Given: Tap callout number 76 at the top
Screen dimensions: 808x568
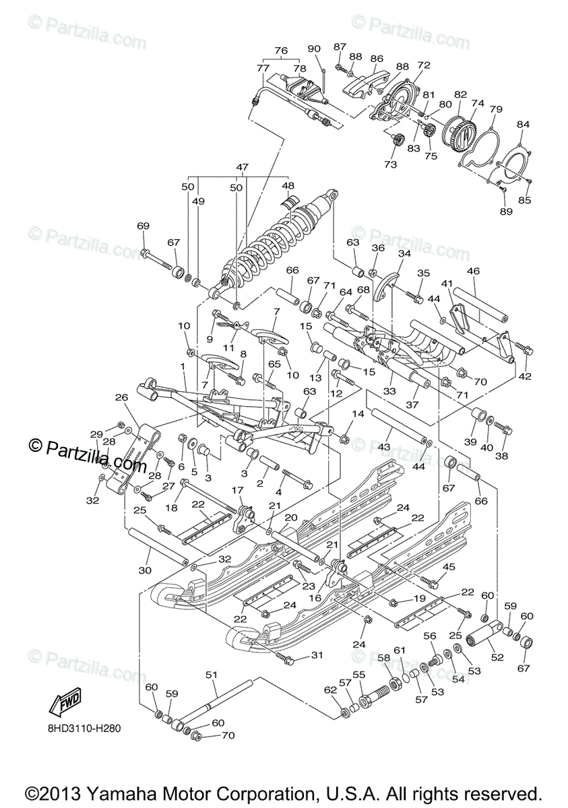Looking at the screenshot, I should pos(281,50).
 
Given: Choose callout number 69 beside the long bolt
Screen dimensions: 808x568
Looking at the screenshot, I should pos(142,226).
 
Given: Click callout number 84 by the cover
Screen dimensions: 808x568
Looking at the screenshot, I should pos(523,124).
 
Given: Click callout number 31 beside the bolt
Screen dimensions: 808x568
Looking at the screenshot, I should pos(317,655).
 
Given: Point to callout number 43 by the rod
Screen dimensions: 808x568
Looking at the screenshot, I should pos(384,446).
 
